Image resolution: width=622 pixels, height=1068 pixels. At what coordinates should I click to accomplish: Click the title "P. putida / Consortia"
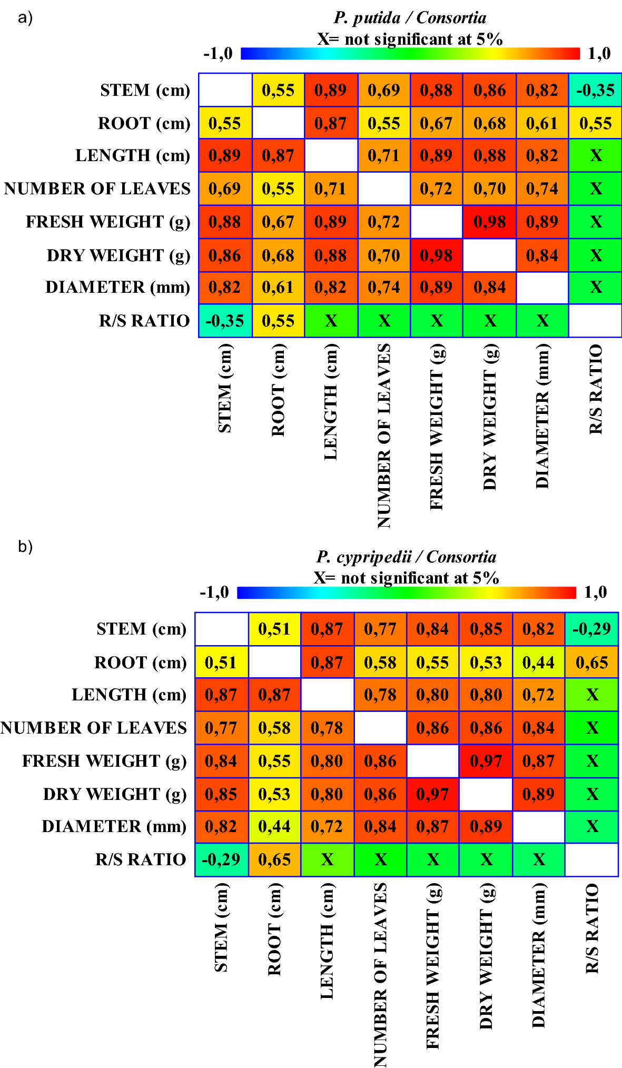pos(410,18)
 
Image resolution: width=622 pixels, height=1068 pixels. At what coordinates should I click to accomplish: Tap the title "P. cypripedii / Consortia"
pos(406,557)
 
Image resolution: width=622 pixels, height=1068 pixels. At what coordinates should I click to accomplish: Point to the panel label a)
pos(25,18)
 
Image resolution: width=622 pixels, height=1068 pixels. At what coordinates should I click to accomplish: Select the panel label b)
pos(25,547)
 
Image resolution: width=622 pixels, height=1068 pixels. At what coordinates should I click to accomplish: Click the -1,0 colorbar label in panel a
pos(218,53)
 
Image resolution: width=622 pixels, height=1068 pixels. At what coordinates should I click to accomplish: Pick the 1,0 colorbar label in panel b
pos(595,592)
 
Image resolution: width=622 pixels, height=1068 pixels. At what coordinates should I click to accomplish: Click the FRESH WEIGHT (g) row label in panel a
pos(108,222)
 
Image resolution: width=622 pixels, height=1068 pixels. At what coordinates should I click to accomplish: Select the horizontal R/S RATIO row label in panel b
pos(141,859)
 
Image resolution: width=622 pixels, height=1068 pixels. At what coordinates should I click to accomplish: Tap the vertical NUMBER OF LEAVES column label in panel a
pos(384,436)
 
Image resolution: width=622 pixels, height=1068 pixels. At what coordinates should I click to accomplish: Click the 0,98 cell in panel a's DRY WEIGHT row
pos(437,255)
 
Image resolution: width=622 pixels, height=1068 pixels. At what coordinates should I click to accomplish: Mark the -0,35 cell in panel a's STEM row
pos(595,90)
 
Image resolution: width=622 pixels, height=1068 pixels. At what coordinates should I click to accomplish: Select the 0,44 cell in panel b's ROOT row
pos(538,662)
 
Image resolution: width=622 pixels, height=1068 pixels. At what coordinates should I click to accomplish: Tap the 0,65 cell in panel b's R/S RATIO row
pos(274,859)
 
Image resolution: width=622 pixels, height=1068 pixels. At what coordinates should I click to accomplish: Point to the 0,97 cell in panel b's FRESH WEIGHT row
pos(486,761)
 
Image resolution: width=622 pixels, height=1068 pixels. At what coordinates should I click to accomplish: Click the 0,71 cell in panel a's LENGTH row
pos(384,156)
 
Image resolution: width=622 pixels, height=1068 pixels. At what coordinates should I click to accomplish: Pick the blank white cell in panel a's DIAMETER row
pos(542,288)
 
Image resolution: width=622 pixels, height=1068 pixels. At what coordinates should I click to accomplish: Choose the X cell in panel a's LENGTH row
pos(595,156)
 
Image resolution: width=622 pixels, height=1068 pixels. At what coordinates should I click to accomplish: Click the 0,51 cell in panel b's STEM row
pos(274,629)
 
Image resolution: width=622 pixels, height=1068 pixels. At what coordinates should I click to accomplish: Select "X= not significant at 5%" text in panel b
pos(406,578)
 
